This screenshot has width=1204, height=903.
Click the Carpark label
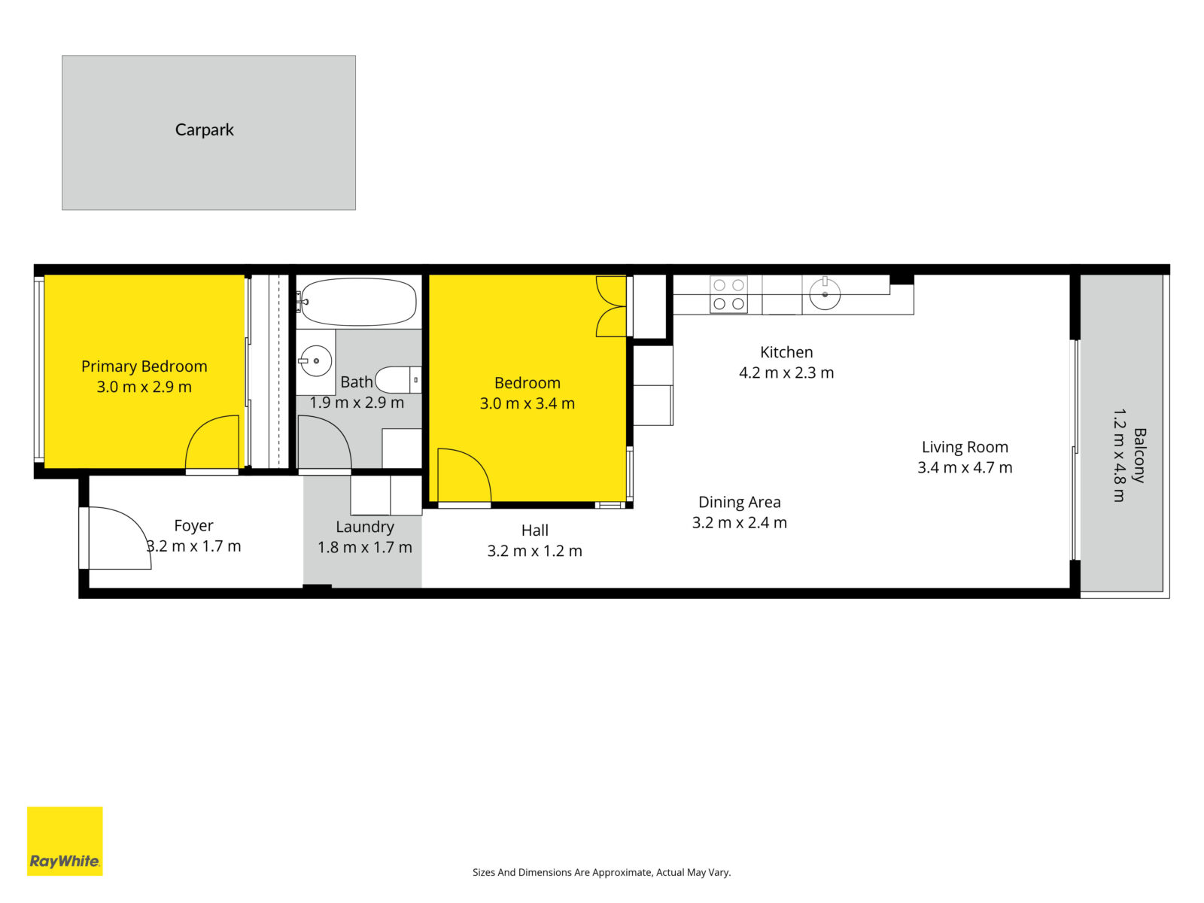(204, 130)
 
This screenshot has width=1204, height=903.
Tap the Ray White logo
(65, 841)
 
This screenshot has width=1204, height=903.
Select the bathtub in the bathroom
(359, 302)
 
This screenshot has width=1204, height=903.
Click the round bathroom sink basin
(316, 360)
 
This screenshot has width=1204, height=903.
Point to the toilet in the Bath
(398, 379)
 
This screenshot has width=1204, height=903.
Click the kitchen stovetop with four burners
(728, 294)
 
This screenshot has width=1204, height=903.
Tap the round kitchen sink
(825, 294)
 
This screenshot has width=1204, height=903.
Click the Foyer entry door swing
(120, 538)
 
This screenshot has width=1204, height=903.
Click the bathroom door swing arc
(325, 442)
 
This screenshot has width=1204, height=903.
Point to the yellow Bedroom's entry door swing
(464, 476)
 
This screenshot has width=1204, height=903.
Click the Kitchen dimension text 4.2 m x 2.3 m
(786, 372)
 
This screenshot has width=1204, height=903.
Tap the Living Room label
(965, 447)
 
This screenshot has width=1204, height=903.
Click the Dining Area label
(740, 502)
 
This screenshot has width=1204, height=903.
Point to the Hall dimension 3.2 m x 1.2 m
(535, 551)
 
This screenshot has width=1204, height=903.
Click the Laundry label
(365, 527)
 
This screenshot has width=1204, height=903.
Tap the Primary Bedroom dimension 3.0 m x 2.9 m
(144, 387)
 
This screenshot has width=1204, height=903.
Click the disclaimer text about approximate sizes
(602, 872)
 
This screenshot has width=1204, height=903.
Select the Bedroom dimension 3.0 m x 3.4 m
(528, 403)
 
